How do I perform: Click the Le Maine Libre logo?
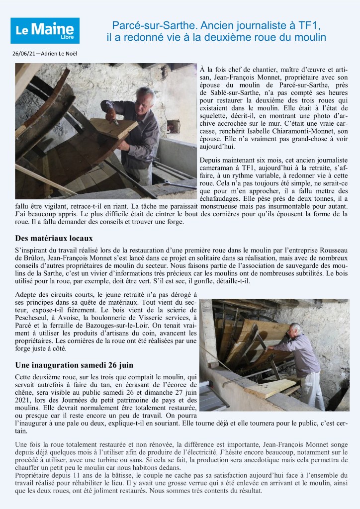click(x=45, y=30)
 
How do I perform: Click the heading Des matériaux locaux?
click(x=54, y=239)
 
